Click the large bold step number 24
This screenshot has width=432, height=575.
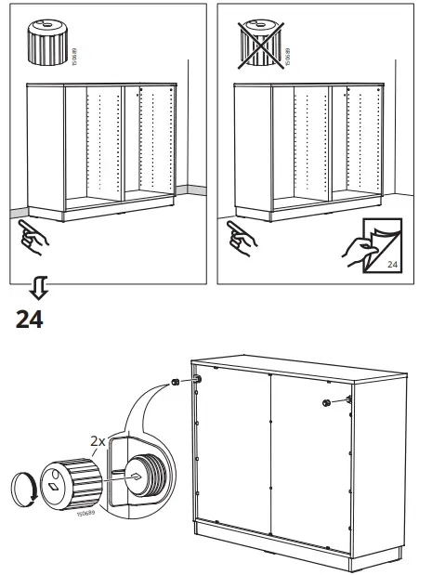[x=29, y=320]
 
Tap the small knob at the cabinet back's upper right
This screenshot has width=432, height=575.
[x=328, y=401]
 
